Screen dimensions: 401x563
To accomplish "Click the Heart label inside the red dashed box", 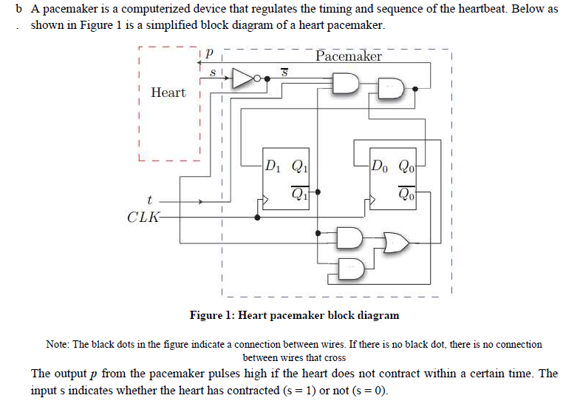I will coord(168,92).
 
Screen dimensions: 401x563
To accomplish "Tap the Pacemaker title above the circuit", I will coord(348,57).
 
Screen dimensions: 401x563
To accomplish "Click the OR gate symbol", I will coord(396,241).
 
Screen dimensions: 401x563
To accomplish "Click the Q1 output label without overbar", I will coord(301,165).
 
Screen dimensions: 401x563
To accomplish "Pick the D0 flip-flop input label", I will coord(382,165).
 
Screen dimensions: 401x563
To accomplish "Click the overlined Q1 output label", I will coord(300,195).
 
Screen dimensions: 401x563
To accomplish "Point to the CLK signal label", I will coord(141,218).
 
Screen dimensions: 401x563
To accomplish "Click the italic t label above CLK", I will coord(150,200).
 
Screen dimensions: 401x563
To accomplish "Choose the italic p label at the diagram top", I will coord(210,55).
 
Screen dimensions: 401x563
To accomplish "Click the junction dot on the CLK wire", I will coord(257,218).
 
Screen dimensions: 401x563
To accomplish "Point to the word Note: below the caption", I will coord(58,344).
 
